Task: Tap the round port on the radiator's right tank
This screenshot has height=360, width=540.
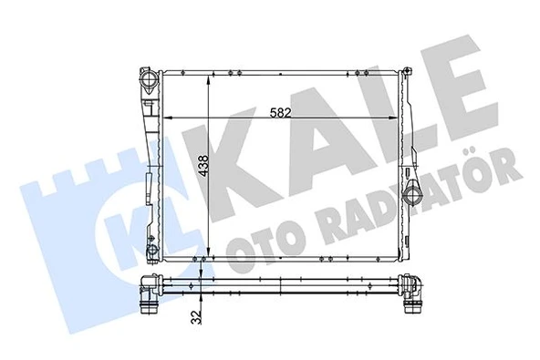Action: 415,193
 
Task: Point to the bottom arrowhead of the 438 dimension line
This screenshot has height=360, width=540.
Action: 211,256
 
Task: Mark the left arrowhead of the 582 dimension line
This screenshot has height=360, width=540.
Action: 167,119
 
